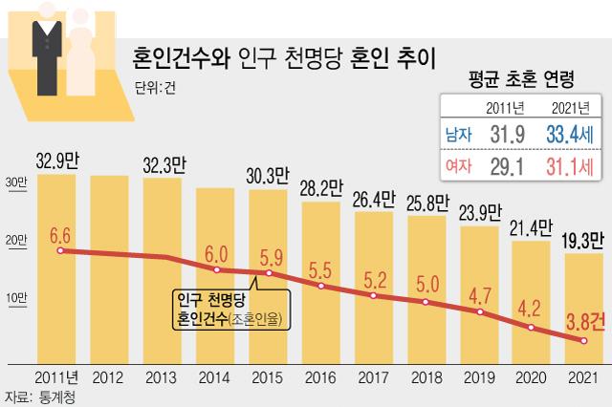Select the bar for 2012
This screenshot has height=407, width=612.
pos(115,268)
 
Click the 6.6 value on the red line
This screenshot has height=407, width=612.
pos(59,234)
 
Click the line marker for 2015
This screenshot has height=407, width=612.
pos(270,274)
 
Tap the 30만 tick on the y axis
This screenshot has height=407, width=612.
pos(16,182)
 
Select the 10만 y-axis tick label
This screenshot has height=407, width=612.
pos(16,298)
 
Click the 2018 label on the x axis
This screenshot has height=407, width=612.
pos(427,376)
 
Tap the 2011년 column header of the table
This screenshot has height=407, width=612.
pos(504,107)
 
